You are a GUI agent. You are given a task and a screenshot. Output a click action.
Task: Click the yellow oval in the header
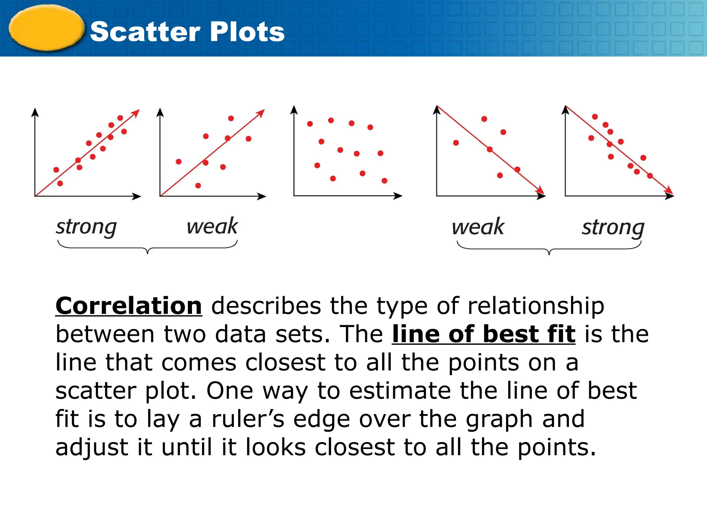click(46, 28)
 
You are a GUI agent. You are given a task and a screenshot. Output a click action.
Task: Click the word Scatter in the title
click(145, 32)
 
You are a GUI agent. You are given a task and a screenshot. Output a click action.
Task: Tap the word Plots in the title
click(247, 32)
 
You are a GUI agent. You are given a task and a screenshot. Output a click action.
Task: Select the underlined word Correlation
click(129, 306)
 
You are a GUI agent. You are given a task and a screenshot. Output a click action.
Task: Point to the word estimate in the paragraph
click(400, 391)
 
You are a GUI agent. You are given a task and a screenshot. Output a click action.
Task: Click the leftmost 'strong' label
click(86, 227)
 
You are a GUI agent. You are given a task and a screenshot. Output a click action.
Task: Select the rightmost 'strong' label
click(613, 228)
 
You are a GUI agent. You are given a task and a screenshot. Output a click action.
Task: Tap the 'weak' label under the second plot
click(212, 226)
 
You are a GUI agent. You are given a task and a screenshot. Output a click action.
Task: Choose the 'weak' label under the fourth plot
click(478, 227)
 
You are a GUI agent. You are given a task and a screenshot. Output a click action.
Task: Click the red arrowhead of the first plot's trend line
click(136, 113)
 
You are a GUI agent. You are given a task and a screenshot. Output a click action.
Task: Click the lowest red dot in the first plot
click(60, 183)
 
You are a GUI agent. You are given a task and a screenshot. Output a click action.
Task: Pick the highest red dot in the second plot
click(231, 118)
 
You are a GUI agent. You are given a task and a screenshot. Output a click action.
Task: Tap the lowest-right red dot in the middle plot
click(384, 181)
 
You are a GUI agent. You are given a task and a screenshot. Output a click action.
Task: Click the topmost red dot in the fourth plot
click(484, 119)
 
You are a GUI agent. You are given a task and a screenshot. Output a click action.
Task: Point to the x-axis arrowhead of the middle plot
click(398, 196)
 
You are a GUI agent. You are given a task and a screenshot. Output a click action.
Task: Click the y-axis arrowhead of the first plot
click(35, 112)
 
